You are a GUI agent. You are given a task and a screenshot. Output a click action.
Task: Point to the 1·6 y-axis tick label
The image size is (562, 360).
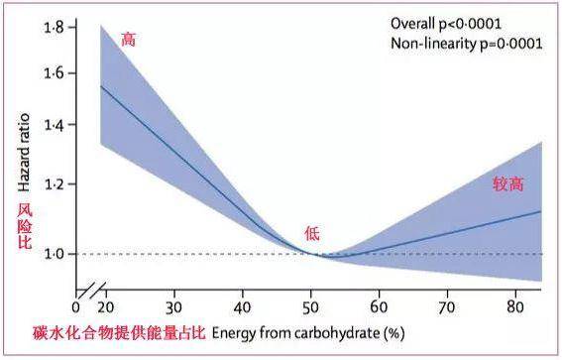[52, 73]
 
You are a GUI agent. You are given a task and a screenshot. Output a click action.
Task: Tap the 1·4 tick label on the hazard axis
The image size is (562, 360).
[52, 125]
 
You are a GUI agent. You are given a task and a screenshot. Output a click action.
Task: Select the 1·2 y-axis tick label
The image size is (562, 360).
[52, 184]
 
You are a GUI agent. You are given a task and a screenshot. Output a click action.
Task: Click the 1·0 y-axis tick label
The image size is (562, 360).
[52, 254]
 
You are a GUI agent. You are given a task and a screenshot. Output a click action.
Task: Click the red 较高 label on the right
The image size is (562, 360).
[508, 184]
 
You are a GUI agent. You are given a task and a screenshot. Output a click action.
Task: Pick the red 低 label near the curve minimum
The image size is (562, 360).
[312, 234]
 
